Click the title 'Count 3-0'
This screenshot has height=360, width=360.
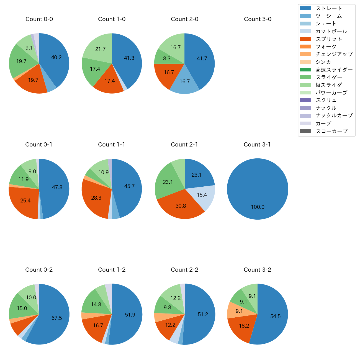258,19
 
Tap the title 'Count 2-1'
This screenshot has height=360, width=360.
184,145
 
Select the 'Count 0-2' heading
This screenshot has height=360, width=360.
39,270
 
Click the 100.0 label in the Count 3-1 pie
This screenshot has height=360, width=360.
258,207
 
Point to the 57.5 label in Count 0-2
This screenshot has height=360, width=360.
57,318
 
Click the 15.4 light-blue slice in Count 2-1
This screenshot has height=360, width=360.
202,195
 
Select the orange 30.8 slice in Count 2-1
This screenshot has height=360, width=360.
181,206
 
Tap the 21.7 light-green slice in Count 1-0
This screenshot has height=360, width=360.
100,49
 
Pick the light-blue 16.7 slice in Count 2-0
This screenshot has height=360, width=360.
184,81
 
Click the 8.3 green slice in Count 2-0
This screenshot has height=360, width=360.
167,58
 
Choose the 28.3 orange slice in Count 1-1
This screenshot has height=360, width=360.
96,198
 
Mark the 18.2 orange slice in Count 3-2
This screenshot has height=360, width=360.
244,326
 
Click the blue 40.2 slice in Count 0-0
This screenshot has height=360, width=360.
56,57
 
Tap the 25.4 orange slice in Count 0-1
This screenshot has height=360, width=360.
25,200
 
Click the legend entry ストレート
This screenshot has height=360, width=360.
329,8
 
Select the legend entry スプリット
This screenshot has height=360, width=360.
329,39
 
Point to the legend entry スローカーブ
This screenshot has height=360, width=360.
331,131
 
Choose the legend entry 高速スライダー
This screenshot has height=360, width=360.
334,70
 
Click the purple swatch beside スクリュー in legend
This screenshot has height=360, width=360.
305,100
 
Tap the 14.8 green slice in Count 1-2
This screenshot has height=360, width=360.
96,304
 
